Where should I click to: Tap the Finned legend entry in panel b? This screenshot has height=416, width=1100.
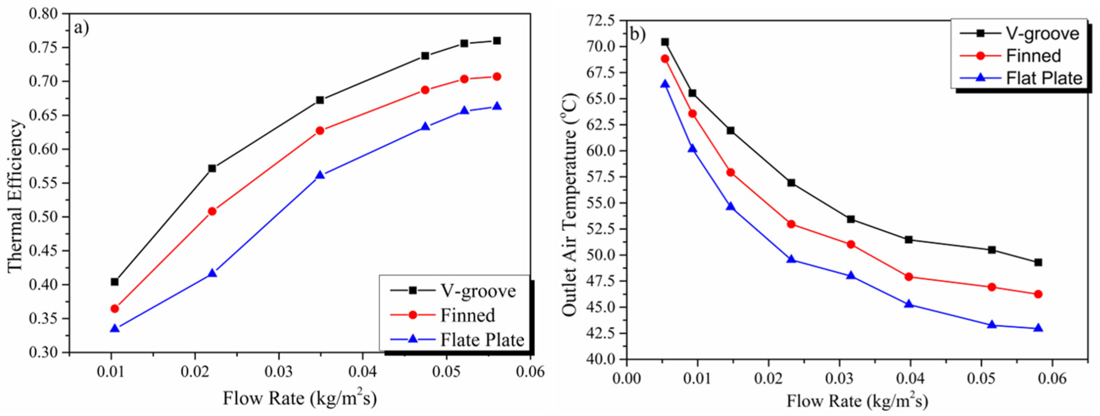1033,56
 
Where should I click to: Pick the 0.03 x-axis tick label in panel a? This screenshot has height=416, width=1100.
279,372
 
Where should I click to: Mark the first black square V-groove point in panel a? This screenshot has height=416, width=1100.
114,282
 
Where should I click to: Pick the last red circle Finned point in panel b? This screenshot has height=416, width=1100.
1038,294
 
